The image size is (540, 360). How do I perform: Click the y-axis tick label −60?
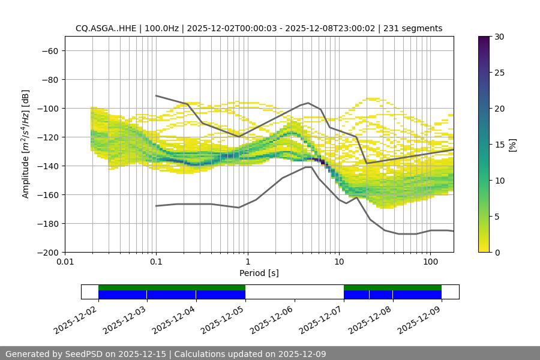click(x=49, y=50)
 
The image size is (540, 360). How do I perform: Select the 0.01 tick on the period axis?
click(x=65, y=262)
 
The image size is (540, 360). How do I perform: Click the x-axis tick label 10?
click(x=339, y=262)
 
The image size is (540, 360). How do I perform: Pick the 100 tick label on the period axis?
click(x=430, y=262)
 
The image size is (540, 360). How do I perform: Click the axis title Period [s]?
click(x=259, y=273)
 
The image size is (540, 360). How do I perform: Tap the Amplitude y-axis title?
click(x=26, y=144)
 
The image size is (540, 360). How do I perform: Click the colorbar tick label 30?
click(x=499, y=37)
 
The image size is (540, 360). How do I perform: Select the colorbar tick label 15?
click(x=499, y=145)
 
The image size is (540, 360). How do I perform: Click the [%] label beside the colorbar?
click(x=512, y=145)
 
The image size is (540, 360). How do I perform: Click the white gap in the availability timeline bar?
click(x=294, y=292)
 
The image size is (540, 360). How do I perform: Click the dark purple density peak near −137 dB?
click(x=323, y=161)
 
